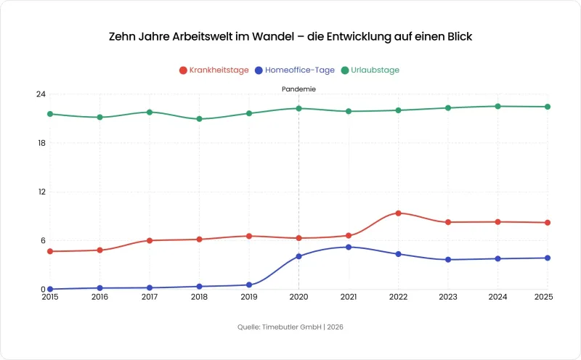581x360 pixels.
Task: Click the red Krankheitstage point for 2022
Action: [x=398, y=213]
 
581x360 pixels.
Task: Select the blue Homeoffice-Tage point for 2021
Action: [x=349, y=247]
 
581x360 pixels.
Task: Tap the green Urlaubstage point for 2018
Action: [x=199, y=119]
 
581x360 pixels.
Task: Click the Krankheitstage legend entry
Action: [x=214, y=70]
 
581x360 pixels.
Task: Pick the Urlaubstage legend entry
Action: [x=370, y=70]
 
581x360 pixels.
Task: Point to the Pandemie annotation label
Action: [x=298, y=89]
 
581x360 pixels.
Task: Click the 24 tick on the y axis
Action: [x=41, y=94]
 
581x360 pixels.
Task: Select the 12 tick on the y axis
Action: [x=41, y=192]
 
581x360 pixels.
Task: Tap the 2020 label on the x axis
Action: [x=298, y=297]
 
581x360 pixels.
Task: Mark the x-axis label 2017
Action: [x=150, y=297]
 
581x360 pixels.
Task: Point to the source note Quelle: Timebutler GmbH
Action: [x=290, y=327]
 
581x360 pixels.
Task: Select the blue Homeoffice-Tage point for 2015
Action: [x=50, y=289]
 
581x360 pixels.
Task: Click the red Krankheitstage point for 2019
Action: [x=249, y=236]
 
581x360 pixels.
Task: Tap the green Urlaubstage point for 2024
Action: [x=497, y=106]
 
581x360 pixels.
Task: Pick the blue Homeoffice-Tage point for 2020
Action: [x=298, y=256]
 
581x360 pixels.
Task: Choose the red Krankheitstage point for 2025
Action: [x=547, y=223]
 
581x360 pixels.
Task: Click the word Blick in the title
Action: [x=458, y=36]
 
